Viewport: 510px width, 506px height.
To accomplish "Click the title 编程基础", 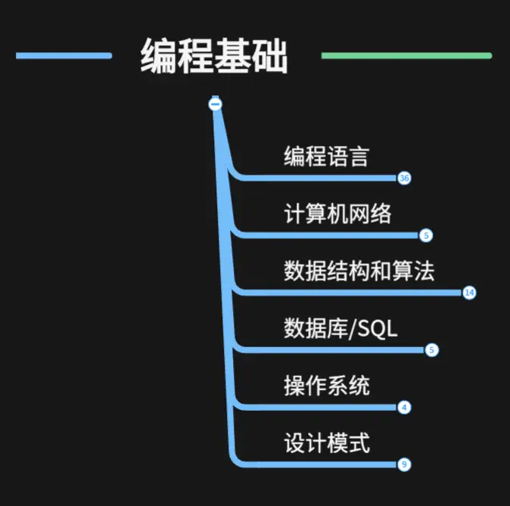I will click(x=214, y=55).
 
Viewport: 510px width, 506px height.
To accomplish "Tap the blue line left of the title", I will click(x=64, y=55).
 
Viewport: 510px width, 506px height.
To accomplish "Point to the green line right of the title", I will click(x=406, y=55).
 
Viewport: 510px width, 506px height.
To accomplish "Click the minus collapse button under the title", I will click(x=216, y=104).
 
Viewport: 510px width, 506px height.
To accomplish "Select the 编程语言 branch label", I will click(x=326, y=157).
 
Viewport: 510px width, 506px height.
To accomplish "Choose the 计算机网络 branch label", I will click(x=337, y=214).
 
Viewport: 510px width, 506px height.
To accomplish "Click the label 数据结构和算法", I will click(x=359, y=271).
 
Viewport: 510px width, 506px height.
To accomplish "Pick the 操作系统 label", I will click(x=326, y=386).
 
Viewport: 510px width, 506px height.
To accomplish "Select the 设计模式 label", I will click(x=326, y=442).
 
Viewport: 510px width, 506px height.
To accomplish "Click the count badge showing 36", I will click(x=404, y=178).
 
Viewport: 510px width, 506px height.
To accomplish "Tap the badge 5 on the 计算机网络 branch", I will click(x=426, y=235).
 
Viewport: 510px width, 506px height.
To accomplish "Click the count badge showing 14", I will click(x=469, y=293).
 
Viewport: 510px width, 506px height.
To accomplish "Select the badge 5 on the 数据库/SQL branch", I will click(x=432, y=349).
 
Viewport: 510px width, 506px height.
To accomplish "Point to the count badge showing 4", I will click(x=404, y=407).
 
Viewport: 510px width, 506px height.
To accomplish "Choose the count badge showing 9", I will click(x=404, y=464).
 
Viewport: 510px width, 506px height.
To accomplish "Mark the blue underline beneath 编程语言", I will click(x=318, y=178).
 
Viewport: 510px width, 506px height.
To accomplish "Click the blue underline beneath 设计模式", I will click(x=318, y=464).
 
